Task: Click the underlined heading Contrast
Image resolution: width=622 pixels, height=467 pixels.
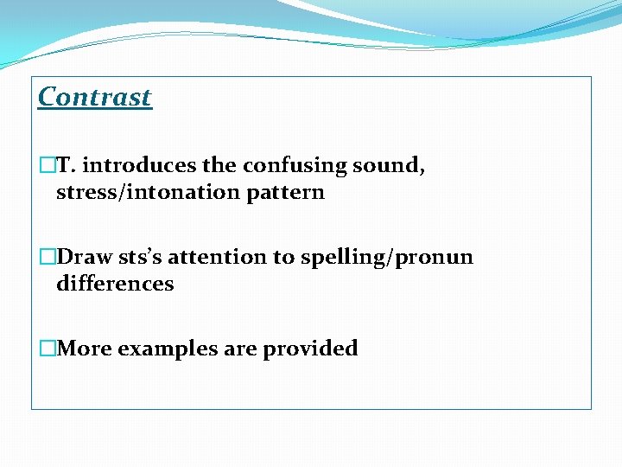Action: [x=95, y=97]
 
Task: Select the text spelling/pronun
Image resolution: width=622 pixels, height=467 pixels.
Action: [x=387, y=258]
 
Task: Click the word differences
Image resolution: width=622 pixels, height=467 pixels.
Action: [x=115, y=284]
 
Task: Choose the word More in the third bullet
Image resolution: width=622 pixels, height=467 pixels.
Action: [x=84, y=349]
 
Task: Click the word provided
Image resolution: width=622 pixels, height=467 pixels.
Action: [x=310, y=349]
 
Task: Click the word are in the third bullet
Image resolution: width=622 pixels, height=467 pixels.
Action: [x=239, y=349]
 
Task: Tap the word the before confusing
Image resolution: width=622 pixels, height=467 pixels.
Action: [x=221, y=165]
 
